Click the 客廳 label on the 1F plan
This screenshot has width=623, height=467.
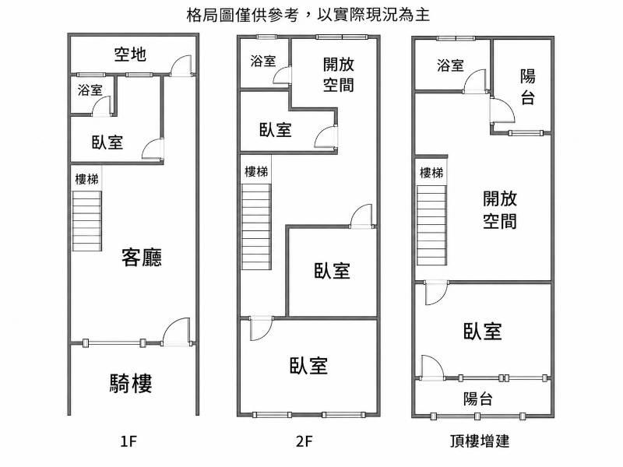142,258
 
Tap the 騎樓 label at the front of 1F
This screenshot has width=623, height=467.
131,383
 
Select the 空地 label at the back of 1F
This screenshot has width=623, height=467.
130,54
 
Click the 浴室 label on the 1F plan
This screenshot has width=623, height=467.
90,90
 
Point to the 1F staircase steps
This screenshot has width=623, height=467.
86,221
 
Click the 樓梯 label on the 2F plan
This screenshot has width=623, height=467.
256,171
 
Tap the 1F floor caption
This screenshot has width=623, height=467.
128,441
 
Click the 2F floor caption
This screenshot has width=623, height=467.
304,441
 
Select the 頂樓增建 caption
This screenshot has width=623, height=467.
480,441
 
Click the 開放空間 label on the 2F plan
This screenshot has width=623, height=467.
338,75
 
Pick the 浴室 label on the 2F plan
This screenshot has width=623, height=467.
263,61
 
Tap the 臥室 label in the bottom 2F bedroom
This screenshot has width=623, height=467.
308,365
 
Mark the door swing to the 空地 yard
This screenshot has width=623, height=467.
181,65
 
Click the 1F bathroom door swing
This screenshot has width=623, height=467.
101,106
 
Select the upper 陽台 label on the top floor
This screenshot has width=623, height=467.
528,87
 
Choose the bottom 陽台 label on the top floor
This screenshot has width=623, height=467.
477,399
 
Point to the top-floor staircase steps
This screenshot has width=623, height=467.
431,225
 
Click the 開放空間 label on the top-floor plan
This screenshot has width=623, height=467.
500,210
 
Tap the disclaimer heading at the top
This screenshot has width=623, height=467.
308,15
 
